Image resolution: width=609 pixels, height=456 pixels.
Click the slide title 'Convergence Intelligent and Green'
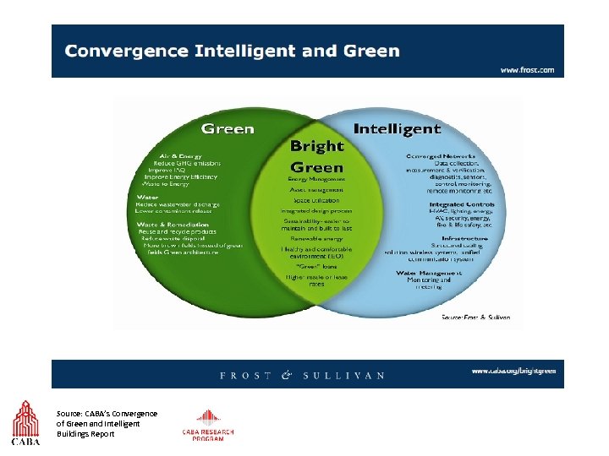point(232,51)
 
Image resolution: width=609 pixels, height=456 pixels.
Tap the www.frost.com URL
point(527,70)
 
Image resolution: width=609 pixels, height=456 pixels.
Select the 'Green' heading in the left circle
point(227,129)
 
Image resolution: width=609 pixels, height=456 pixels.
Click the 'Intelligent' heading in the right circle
point(397,129)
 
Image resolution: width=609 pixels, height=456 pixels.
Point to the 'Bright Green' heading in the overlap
point(316,156)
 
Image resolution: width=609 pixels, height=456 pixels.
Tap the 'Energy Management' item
point(316,179)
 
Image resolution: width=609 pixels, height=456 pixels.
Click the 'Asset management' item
point(316,190)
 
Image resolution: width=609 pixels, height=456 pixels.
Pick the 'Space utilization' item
point(316,200)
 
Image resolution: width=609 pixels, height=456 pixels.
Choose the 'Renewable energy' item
point(316,238)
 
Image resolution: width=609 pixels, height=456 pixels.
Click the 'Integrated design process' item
point(316,210)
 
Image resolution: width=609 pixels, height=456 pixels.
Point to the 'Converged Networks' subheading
point(446,156)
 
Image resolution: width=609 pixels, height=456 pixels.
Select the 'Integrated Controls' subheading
point(461,204)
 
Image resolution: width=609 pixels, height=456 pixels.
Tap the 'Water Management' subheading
point(429,273)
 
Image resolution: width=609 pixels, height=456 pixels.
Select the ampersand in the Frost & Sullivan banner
point(286,375)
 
